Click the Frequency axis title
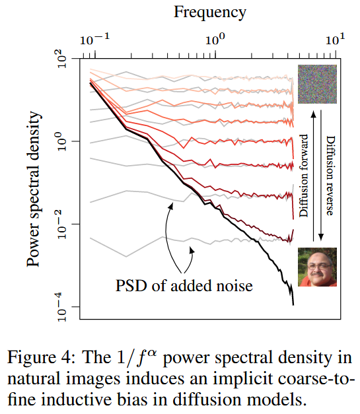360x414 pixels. (209, 13)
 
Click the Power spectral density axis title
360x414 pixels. (34, 189)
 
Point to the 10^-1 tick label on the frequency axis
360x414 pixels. (94, 40)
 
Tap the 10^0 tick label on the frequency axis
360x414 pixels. (215, 40)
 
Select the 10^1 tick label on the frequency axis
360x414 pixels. (335, 40)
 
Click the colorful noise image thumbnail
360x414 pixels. (317, 84)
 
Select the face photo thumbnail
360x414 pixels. (317, 267)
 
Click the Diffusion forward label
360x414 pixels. (304, 176)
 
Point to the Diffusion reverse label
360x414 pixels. (330, 176)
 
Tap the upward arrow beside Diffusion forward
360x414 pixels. (314, 176)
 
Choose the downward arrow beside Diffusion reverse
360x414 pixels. (321, 175)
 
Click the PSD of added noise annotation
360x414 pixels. (184, 286)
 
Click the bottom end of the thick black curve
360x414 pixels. (293, 305)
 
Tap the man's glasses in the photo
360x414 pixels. (319, 266)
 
